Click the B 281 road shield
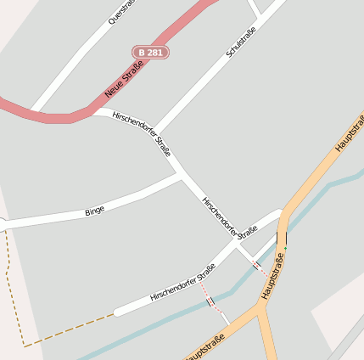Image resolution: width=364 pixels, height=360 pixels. (150, 53)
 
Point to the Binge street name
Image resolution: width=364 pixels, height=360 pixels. (94, 211)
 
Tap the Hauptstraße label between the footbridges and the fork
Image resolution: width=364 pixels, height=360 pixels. (273, 276)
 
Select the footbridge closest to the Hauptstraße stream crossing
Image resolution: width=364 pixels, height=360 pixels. (256, 265)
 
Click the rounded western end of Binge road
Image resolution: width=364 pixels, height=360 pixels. (3, 225)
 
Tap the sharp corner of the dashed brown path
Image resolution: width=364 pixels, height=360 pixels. (25, 346)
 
